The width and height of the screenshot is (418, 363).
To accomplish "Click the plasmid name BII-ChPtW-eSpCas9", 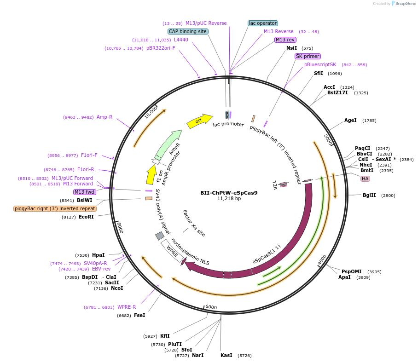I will (229, 193).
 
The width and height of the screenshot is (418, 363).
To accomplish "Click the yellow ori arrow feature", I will (199, 121).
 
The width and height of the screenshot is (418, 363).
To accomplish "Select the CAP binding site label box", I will (188, 32).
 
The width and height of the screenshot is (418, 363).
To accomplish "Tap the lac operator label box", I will (263, 23).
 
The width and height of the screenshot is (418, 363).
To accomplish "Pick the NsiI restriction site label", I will (291, 48).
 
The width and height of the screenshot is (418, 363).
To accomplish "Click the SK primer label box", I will (308, 56).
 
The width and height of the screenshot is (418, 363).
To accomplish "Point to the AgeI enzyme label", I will (350, 121).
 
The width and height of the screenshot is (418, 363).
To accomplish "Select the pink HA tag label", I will (365, 179).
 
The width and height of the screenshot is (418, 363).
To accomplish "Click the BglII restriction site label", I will (369, 195).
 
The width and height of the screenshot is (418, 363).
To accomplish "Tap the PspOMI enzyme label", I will (349, 271).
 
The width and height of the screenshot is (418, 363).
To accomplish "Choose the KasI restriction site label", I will (226, 355).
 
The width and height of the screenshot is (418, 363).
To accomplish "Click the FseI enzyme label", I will (139, 315).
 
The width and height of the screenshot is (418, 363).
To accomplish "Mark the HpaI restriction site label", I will (98, 255).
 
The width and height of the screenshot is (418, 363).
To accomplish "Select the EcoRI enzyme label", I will (86, 217).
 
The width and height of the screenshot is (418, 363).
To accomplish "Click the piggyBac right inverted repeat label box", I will (55, 208).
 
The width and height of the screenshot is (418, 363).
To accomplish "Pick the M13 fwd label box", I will (85, 192).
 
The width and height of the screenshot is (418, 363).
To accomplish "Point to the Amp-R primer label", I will (104, 117).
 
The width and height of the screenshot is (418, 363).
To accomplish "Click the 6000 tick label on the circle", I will (211, 307).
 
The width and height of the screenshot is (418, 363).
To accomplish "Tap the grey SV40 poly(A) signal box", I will (160, 236).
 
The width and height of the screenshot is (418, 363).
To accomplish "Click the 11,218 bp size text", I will (229, 199).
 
